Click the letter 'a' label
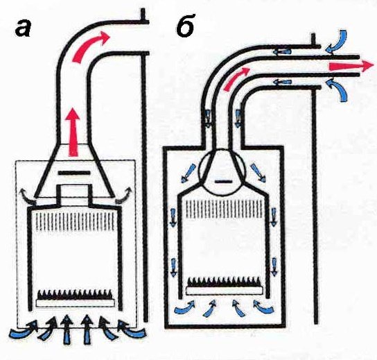point(24,28)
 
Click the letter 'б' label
point(185,28)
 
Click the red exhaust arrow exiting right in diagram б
point(352,66)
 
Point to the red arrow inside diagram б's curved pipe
point(237,78)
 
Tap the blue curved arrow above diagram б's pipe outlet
point(337,41)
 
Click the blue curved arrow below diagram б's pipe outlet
point(337,89)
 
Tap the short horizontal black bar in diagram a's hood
point(75,173)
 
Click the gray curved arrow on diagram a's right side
point(124,194)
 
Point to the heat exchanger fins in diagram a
point(75,221)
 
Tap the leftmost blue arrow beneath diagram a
point(24,332)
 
